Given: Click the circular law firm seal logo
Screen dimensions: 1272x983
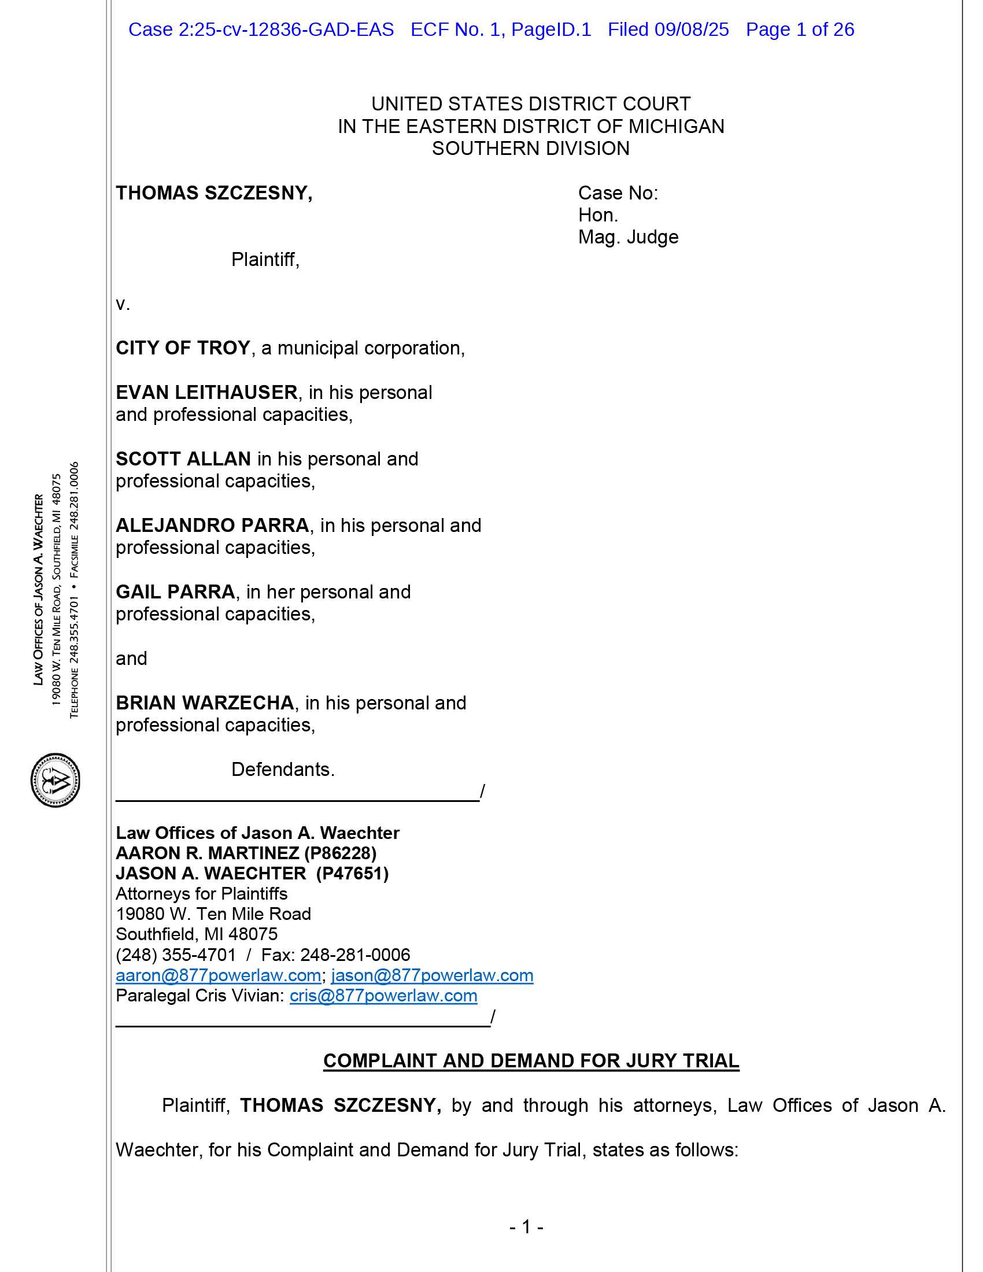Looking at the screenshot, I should (56, 780).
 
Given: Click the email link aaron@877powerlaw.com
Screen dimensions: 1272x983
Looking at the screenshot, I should (219, 975).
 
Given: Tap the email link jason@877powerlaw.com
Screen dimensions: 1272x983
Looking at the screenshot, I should (432, 975).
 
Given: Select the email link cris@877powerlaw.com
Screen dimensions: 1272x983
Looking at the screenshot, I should (383, 996).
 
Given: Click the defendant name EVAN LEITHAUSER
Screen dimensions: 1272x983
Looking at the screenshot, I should (207, 393).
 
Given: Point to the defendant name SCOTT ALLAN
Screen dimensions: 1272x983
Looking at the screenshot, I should (183, 459).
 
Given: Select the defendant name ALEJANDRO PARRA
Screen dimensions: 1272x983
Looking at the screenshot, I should (213, 526).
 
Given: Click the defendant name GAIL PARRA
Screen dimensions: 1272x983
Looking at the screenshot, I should (175, 591).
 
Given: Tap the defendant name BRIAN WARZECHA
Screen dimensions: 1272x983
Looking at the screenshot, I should (205, 703).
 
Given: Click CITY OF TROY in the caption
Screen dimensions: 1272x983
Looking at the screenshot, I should (183, 348).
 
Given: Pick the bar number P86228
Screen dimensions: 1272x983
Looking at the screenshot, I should (340, 853).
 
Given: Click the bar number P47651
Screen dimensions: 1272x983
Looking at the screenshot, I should (352, 874).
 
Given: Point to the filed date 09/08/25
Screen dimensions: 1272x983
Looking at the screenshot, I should (691, 29).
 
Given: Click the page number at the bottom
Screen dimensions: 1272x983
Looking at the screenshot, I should (526, 1227).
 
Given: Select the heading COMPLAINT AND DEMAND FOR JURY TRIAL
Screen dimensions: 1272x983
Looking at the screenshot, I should (531, 1061).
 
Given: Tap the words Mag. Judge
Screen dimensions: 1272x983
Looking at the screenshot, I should (628, 237).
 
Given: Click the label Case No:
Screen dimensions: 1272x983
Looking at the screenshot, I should (618, 193).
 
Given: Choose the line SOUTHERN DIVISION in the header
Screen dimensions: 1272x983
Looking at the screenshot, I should (530, 149).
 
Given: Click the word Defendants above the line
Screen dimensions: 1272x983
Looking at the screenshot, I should (282, 770).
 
